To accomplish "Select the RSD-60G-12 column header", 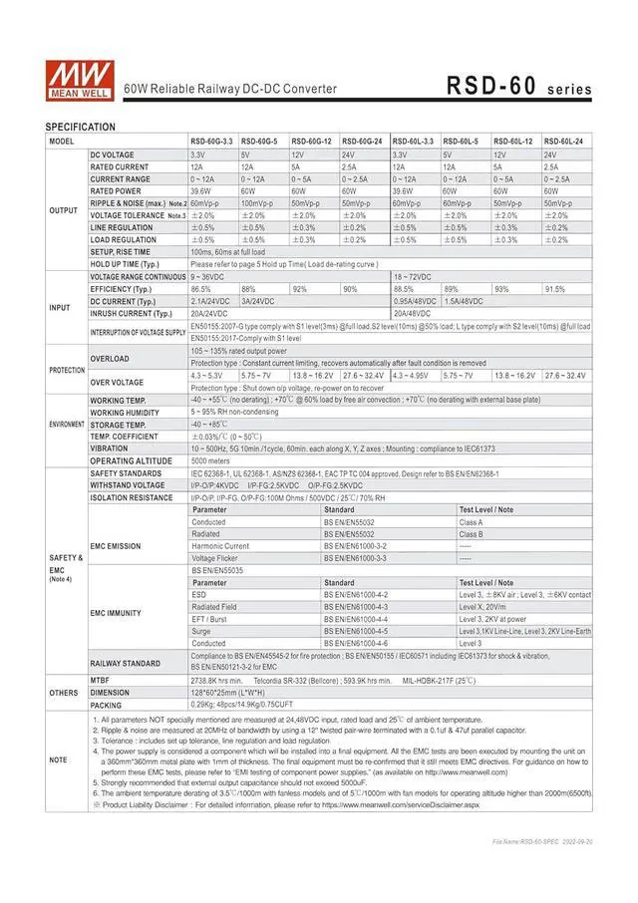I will [x=311, y=142].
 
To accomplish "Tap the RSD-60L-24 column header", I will [x=564, y=142].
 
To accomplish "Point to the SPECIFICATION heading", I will [x=81, y=127].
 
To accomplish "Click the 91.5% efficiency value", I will [x=555, y=288].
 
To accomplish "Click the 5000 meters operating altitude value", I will [x=211, y=460].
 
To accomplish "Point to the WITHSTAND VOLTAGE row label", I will [x=127, y=485].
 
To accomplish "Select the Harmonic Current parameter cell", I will [x=220, y=546].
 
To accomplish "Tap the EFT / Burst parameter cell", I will [x=210, y=619].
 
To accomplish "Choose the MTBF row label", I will [x=101, y=680].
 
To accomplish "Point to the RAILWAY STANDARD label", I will [x=126, y=662].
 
